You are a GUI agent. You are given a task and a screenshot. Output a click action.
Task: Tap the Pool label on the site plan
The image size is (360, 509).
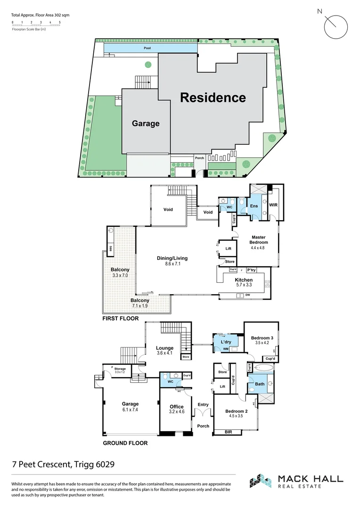tap(147, 48)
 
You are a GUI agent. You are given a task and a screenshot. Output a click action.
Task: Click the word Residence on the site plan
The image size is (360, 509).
tap(213, 98)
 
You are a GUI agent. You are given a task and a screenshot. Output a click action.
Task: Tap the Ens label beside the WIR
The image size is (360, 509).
tap(254, 206)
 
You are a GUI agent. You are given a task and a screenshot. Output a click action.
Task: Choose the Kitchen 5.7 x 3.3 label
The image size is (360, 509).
tap(244, 282)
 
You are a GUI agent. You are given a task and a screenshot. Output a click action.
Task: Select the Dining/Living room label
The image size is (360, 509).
tap(172, 261)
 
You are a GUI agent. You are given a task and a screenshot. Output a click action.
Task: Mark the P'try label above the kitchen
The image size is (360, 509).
tap(251, 270)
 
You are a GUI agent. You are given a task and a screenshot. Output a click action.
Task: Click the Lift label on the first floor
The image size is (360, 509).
tap(229, 248)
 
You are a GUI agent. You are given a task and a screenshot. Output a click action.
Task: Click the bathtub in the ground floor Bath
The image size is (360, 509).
tap(263, 368)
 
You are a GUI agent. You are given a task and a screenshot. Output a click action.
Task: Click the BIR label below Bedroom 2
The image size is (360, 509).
tap(228, 431)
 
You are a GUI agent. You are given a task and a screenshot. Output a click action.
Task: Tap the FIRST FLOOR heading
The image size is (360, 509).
tap(121, 319)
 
